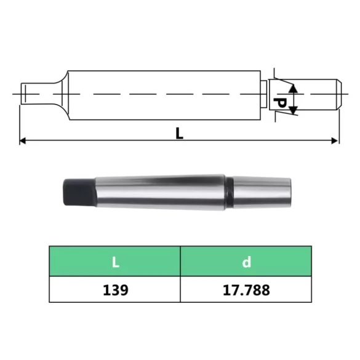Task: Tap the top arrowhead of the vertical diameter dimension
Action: tap(294, 89)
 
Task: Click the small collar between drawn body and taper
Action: tap(264, 94)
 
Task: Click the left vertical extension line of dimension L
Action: tap(20, 123)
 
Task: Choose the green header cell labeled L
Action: tap(114, 262)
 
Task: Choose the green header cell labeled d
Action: tap(246, 262)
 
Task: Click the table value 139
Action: tap(114, 290)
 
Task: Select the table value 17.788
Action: tap(246, 290)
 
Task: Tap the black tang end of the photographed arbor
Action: tap(78, 191)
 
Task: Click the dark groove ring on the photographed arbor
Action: tap(229, 191)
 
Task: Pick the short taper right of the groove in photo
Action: tap(262, 191)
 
